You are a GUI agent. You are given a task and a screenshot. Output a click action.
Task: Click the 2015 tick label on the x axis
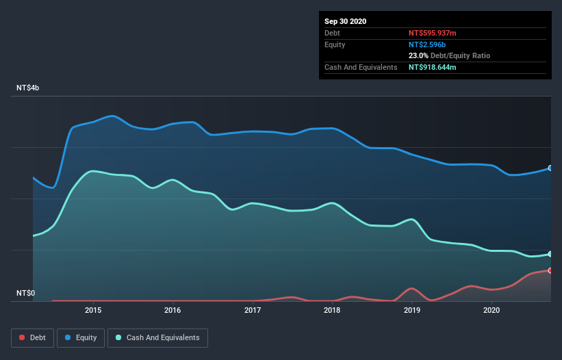(x=93, y=310)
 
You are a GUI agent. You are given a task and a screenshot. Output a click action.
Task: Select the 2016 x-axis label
(x=173, y=310)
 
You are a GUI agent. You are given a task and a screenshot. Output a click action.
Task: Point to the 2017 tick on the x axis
(x=253, y=310)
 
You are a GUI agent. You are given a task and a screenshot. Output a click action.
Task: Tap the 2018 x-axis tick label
(x=332, y=310)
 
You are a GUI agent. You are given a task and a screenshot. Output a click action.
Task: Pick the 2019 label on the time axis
(x=412, y=310)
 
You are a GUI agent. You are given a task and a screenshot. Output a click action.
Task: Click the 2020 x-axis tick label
(x=491, y=310)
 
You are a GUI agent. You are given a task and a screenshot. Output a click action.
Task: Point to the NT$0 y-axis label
(x=25, y=293)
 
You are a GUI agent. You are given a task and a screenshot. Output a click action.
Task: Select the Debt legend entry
(x=33, y=337)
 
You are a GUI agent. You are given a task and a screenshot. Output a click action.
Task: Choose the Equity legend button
(x=81, y=337)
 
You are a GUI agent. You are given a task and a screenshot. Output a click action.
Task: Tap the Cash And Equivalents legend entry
(x=157, y=337)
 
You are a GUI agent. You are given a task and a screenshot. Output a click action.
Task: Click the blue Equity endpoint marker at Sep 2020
(x=550, y=168)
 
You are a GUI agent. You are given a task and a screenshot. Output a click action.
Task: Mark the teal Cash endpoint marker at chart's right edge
(x=550, y=254)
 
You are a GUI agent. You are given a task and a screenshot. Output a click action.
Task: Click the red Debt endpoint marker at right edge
(x=550, y=270)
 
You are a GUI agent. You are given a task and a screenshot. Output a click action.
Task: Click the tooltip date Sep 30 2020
(x=345, y=21)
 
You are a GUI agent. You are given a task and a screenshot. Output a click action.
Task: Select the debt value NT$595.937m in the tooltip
(x=433, y=33)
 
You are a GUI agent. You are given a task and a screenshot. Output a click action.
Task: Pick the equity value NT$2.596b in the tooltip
(x=426, y=44)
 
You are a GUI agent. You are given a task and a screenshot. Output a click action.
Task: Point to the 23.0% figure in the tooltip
(x=418, y=55)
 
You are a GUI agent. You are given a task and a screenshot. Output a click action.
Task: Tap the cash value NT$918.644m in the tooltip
(x=433, y=67)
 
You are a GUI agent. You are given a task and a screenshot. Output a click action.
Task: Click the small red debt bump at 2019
(x=411, y=289)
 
